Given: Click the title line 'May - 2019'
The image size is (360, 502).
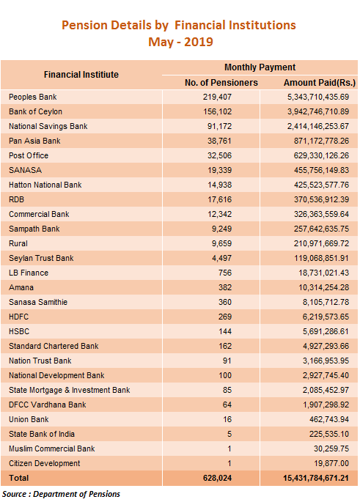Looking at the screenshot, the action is point(180,42).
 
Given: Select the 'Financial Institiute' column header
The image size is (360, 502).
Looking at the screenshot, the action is point(81,75).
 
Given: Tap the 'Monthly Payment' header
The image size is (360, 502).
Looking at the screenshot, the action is point(260,67).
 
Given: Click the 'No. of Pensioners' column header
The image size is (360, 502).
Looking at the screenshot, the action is point(221,83).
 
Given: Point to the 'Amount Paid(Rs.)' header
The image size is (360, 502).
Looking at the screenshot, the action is point(320,83).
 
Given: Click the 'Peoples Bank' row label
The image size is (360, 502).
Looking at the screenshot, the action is point(33,97).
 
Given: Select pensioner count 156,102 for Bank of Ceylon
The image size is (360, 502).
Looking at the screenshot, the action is point(217,111).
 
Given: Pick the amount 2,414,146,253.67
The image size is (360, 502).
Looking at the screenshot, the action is point(317,127).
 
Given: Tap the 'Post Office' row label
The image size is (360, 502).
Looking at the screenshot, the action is point(29,155).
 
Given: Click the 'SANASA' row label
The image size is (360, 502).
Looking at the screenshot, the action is point(26,170).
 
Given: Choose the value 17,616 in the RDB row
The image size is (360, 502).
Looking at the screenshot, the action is point(219,200).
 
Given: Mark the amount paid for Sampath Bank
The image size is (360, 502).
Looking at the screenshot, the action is point(321,229).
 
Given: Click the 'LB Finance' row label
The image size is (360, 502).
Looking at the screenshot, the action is point(29,273).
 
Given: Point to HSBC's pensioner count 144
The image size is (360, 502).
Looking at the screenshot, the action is point(225,332).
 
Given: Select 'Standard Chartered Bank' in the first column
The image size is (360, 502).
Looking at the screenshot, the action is point(54,347).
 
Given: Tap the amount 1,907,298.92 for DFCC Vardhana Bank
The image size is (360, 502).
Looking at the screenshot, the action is point(326,405).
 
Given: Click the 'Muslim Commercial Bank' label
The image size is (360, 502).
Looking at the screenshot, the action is point(51,449).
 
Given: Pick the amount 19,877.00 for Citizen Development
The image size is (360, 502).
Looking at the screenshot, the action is point(331,464).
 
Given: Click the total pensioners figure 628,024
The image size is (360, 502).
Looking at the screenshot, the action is point(217,479).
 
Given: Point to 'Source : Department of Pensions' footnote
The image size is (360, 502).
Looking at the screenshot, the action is point(61,495).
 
